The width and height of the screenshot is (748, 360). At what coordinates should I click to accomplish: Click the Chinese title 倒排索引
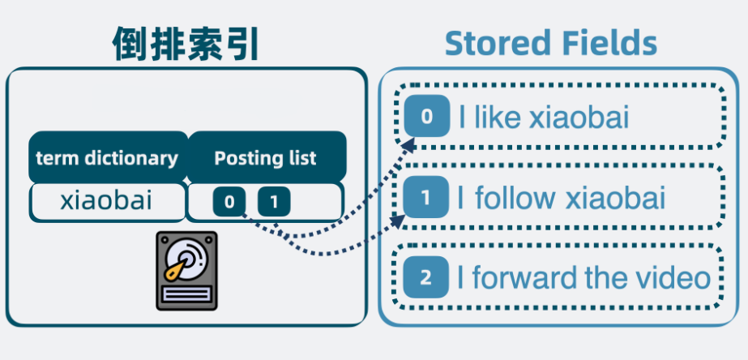186,44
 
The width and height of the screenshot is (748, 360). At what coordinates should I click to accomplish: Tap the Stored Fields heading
550,43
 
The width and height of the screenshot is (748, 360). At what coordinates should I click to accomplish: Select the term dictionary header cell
107,157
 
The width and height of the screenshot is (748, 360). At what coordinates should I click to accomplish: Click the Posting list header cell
266,157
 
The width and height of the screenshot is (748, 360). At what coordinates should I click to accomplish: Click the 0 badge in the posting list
229,201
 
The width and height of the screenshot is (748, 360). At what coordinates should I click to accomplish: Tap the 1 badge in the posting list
274,201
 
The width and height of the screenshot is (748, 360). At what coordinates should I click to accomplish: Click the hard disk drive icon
187,271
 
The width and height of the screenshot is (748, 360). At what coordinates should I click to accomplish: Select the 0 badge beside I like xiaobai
426,118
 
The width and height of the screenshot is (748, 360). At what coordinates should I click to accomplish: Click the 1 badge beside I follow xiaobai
426,197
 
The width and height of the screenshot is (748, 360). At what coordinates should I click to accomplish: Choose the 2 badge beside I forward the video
426,278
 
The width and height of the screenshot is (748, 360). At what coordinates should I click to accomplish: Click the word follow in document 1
515,197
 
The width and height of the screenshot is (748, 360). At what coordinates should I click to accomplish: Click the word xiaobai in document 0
579,118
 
